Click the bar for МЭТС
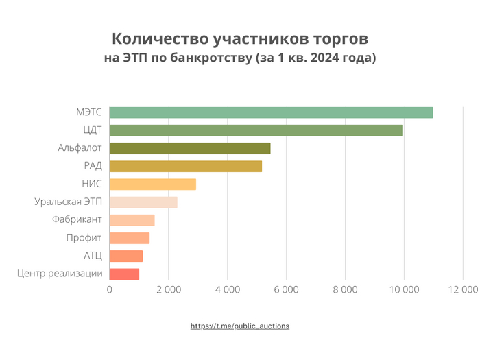(x=271, y=112)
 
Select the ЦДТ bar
(x=256, y=130)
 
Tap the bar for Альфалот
(x=190, y=148)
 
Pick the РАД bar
(x=186, y=166)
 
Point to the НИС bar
(x=153, y=184)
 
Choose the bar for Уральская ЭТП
(x=143, y=202)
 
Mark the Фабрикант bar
(x=132, y=220)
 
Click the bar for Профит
(x=130, y=238)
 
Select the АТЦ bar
(x=126, y=256)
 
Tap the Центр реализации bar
(x=124, y=274)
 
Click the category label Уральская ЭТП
(x=68, y=202)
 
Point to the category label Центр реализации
(x=60, y=274)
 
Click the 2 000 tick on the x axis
(x=168, y=290)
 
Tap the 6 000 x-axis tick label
(x=286, y=290)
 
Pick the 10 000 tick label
(x=403, y=290)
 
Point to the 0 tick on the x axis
(x=110, y=290)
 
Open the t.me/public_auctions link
(x=240, y=326)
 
